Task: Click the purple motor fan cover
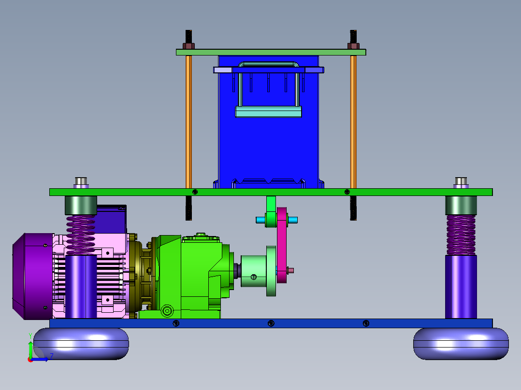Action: (32, 276)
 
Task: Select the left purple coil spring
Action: (81, 235)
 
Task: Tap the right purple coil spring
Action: (461, 235)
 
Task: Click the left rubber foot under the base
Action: (81, 344)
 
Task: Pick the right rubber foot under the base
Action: (461, 344)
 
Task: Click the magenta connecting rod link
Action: (282, 245)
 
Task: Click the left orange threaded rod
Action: (188, 122)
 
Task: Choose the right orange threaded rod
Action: (353, 122)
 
